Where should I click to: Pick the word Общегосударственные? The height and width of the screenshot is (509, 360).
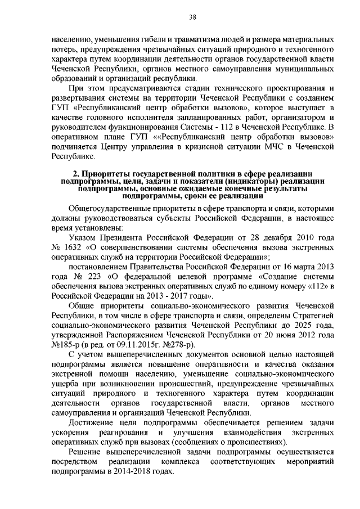(114, 209)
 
